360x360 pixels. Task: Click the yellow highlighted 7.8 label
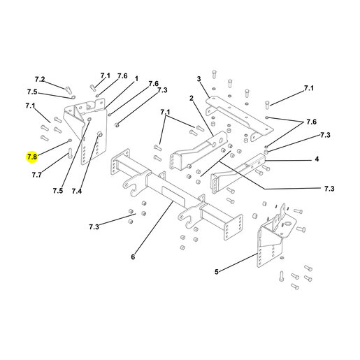point(32,157)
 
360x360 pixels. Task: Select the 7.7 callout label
point(37,175)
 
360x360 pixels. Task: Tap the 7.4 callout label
point(77,191)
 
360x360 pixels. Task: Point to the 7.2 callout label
point(40,80)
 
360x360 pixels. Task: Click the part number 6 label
point(133,257)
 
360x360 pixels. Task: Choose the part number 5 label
point(217,272)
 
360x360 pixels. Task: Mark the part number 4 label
point(317,159)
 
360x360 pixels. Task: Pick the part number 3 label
point(199,79)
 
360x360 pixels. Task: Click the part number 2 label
point(192,99)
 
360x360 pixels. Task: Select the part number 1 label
point(136,79)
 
